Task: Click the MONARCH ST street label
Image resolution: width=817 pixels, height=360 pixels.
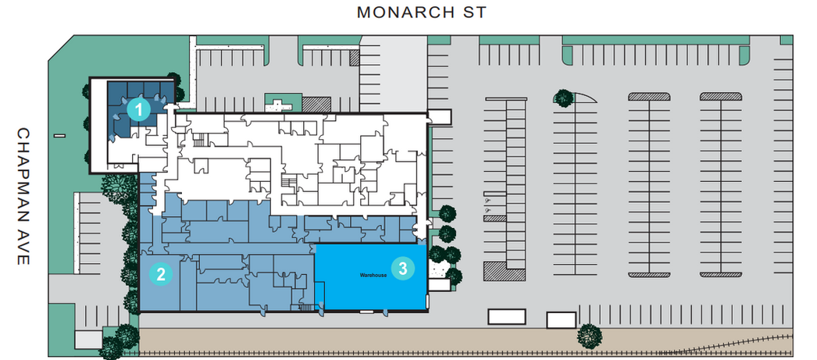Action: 421,12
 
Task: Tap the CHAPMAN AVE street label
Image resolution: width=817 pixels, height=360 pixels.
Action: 23,196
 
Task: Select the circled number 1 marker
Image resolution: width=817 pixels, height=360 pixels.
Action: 138,110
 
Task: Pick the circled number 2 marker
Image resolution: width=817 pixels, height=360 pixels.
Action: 160,274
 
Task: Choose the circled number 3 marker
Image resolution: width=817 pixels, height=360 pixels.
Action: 403,269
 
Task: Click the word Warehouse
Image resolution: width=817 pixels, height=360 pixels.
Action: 373,275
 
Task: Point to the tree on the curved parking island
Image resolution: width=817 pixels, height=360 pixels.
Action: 563,98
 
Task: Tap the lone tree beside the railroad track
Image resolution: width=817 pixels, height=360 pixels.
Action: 589,336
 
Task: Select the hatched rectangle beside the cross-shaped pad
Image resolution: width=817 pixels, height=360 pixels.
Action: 317,104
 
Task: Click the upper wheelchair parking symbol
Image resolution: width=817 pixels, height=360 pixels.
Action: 487,201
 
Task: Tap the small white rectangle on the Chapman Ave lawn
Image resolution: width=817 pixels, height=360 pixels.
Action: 59,136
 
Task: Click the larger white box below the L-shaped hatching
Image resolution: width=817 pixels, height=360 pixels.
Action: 506,316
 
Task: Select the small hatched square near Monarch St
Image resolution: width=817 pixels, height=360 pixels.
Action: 355,57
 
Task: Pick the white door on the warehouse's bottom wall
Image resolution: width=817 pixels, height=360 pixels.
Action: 366,311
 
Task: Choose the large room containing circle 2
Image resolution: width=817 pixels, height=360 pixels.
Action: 160,282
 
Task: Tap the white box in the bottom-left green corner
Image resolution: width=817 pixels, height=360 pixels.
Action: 88,340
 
